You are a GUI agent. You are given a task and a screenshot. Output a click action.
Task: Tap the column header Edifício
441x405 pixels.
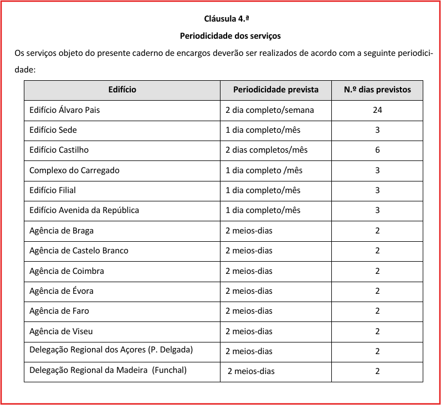coord(122,90)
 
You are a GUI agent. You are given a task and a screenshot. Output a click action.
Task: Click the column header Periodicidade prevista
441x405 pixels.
coord(276,90)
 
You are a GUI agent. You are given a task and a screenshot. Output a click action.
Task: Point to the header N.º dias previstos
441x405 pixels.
coord(377,90)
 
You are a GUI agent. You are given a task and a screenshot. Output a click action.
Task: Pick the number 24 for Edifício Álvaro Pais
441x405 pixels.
coord(377,110)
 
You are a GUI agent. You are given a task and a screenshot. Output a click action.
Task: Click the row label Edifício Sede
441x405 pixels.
coord(53,130)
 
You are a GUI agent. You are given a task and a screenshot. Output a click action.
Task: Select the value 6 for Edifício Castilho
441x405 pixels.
coord(377,150)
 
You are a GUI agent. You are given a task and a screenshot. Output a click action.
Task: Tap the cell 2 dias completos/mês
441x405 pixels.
coord(266,150)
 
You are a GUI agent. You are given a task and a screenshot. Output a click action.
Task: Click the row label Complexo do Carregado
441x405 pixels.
coord(74,170)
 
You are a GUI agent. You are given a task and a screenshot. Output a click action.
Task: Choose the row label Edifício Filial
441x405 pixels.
coord(53,190)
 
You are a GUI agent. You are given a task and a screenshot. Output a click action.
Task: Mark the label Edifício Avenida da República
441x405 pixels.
coord(84,210)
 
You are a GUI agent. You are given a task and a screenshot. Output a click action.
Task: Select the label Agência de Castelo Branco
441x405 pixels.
coord(79,251)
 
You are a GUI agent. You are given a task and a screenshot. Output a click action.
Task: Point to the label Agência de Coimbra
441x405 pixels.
coord(66,271)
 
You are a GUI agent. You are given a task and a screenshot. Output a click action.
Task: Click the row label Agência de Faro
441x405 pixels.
coord(59,311)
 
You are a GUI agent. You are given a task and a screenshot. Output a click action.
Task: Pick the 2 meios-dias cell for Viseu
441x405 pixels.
coord(249,331)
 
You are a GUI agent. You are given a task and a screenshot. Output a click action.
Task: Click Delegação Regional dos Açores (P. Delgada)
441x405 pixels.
coord(111,350)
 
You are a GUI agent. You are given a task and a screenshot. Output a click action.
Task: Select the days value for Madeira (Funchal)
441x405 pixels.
coord(377,371)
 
